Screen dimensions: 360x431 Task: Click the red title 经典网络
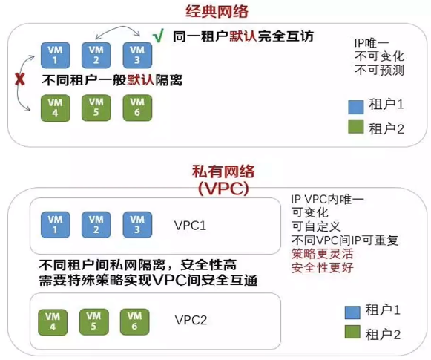[215, 11]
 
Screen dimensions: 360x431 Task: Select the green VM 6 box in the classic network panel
[136, 105]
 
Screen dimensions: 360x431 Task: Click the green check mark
[157, 36]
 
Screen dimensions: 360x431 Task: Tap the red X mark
[20, 79]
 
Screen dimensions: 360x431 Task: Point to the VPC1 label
[189, 225]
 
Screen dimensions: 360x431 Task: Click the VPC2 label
[191, 321]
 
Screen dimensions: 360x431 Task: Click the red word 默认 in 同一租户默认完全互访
[243, 36]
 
